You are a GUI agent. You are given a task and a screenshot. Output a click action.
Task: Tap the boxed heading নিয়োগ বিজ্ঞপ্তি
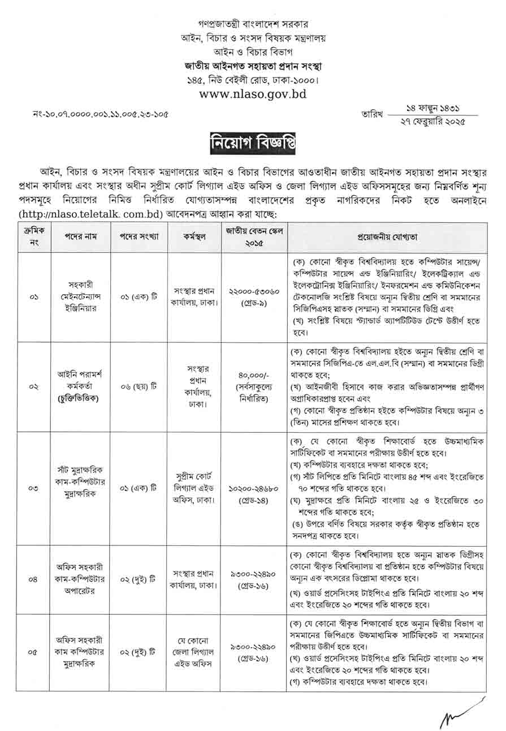pyautogui.click(x=253, y=141)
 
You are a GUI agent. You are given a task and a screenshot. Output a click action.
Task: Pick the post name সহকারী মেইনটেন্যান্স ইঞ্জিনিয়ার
pyautogui.click(x=75, y=296)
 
